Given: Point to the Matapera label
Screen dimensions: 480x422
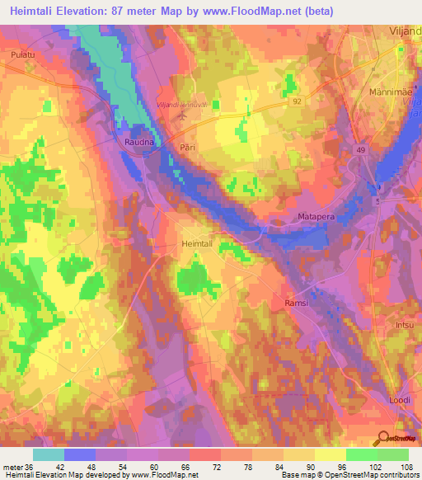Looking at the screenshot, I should (x=314, y=219).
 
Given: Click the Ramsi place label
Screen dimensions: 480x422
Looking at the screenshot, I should (x=297, y=303).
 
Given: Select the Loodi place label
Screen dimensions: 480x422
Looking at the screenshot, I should (x=400, y=400).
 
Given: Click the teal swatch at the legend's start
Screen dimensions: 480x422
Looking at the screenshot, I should (x=48, y=454).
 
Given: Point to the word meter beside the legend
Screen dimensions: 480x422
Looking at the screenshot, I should (x=13, y=467).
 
